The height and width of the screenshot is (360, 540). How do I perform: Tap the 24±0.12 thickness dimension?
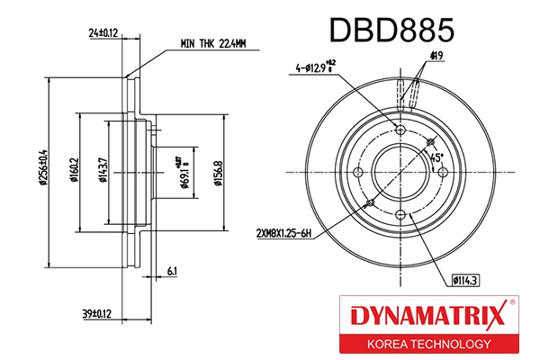(103, 33)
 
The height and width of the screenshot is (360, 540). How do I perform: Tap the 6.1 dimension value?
(172, 269)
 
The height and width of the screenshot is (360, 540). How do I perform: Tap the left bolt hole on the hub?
(357, 173)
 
